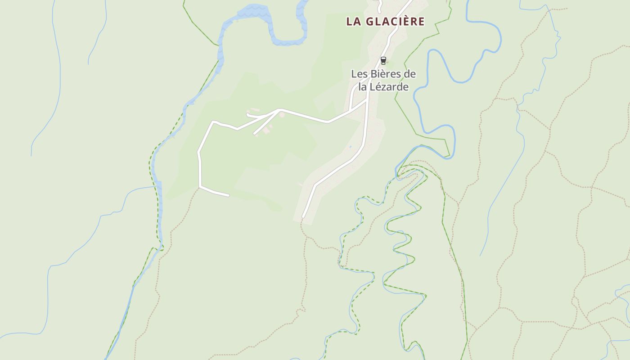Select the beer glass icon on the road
pyautogui.click(x=383, y=60)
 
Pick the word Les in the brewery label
pyautogui.click(x=359, y=74)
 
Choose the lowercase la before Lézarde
pyautogui.click(x=363, y=86)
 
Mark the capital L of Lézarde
pyautogui.click(x=374, y=86)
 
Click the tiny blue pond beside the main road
pyautogui.click(x=350, y=147)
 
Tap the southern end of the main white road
pyautogui.click(x=303, y=217)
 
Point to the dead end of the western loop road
pyautogui.click(x=229, y=195)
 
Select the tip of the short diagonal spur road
pyautogui.click(x=255, y=133)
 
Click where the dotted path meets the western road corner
pyautogui.click(x=199, y=187)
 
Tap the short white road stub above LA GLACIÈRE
pyautogui.click(x=379, y=5)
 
